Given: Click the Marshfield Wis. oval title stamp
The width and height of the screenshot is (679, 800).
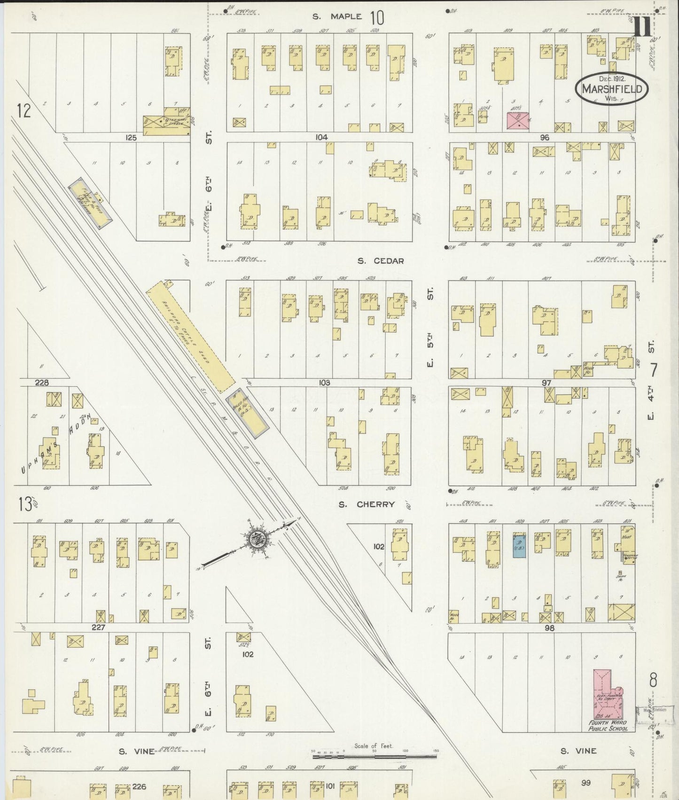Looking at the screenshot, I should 612,88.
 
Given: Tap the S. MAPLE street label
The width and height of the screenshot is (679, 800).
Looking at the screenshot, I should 338,16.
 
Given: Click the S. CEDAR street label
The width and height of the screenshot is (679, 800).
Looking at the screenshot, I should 380,261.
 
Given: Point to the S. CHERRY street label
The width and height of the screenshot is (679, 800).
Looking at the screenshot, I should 367,504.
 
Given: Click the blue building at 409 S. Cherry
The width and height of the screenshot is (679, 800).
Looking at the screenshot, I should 519,546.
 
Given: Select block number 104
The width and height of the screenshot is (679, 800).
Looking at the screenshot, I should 322,137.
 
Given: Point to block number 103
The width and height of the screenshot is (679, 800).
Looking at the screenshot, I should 324,383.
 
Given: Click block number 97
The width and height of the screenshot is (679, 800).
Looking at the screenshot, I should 546,383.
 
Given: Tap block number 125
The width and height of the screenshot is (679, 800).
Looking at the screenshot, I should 131,137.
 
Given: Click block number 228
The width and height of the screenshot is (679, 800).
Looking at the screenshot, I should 42,383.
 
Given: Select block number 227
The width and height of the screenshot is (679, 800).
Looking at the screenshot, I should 98,627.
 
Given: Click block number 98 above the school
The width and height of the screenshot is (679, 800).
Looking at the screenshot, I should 549,628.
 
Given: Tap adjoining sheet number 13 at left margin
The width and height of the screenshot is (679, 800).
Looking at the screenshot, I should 24,504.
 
